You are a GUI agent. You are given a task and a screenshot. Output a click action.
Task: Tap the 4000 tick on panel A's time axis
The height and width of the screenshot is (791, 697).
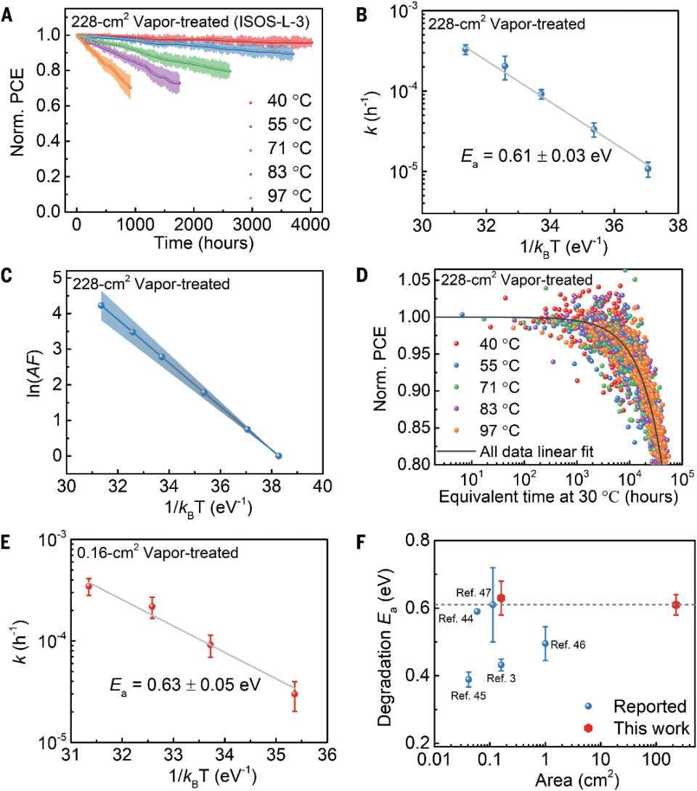point(310,225)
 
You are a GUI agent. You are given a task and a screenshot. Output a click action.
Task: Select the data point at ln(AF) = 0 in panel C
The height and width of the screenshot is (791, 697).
point(278,455)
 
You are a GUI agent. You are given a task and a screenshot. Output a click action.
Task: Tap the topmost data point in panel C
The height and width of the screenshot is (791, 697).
point(102,305)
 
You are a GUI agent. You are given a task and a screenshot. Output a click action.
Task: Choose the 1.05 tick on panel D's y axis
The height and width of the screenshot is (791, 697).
point(416,280)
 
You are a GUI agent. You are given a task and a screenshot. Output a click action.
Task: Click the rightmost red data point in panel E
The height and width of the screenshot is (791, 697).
point(295,694)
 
